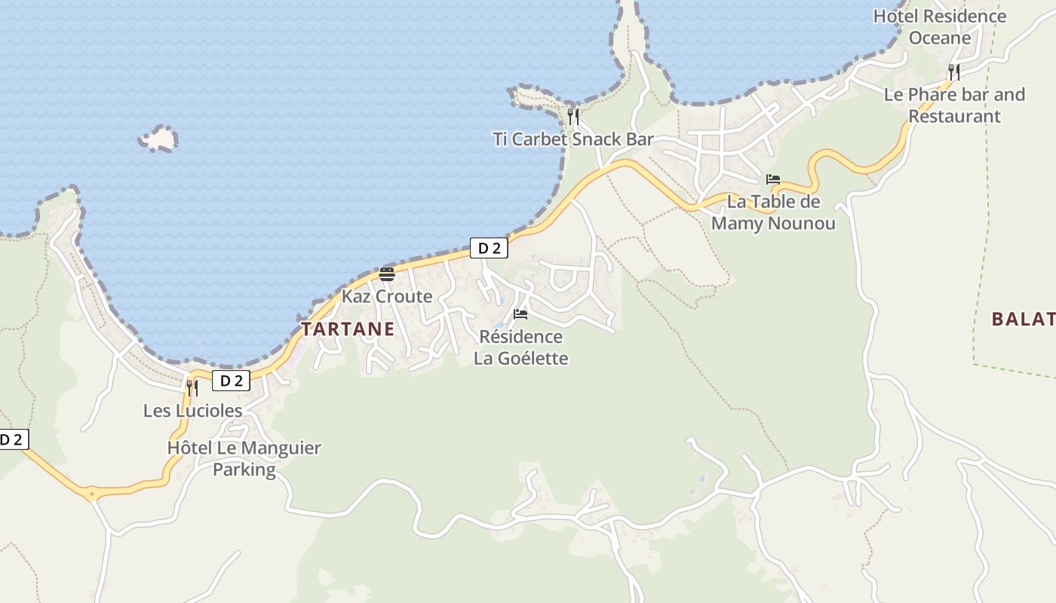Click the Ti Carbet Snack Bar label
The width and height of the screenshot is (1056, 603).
pos(573,139)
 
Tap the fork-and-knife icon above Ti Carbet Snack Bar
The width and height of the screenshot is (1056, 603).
pos(573,116)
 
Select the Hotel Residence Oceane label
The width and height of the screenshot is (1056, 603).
pos(939,26)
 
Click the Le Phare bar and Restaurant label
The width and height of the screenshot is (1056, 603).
pos(954,105)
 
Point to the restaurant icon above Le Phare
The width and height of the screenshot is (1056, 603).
pos(954,72)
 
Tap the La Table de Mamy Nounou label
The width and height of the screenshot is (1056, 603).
pos(773,213)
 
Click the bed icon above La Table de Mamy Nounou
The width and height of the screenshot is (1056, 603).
pos(772,179)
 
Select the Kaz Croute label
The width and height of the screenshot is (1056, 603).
pos(387,296)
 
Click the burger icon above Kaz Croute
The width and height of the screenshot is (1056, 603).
pos(387,274)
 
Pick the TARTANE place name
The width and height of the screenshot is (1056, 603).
pos(348,329)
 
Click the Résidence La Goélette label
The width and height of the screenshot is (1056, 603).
pos(520,347)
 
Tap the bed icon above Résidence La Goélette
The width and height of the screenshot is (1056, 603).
pos(520,314)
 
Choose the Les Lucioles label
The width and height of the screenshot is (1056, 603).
pos(192,411)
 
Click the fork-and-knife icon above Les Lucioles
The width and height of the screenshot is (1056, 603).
pos(192,387)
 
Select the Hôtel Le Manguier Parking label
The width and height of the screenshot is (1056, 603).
pos(244,458)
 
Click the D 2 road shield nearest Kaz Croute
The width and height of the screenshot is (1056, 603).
pos(489,248)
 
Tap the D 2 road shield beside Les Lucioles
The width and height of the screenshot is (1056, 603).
pos(231,381)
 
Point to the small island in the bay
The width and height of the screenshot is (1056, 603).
pos(158,139)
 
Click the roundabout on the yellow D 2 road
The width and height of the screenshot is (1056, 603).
pos(92,494)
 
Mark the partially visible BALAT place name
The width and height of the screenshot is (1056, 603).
pos(1023,319)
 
